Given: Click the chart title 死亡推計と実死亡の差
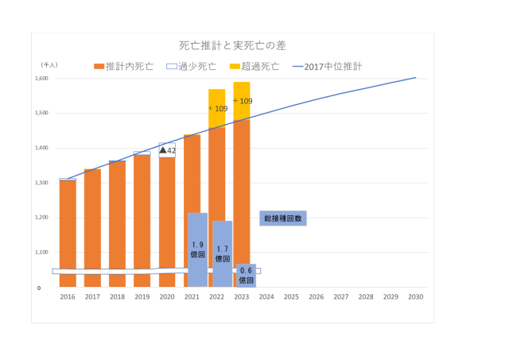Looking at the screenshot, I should coord(231,46).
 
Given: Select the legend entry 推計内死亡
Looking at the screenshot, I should coord(124,67).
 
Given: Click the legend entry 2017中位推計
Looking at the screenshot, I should coord(327,67).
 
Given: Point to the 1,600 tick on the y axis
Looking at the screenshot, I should coord(41,79).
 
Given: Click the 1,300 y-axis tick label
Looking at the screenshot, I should coord(41,183).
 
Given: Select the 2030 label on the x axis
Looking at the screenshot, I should coord(415,296).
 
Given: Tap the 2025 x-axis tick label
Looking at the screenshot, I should coord(291,296).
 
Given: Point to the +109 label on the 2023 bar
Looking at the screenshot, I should coord(242,101).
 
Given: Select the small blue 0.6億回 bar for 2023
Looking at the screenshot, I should coord(246,275).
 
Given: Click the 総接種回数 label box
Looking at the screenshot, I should coord(282,218).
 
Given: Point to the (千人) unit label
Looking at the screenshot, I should coord(49,64).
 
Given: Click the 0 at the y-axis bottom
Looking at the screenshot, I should coord(39,288).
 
